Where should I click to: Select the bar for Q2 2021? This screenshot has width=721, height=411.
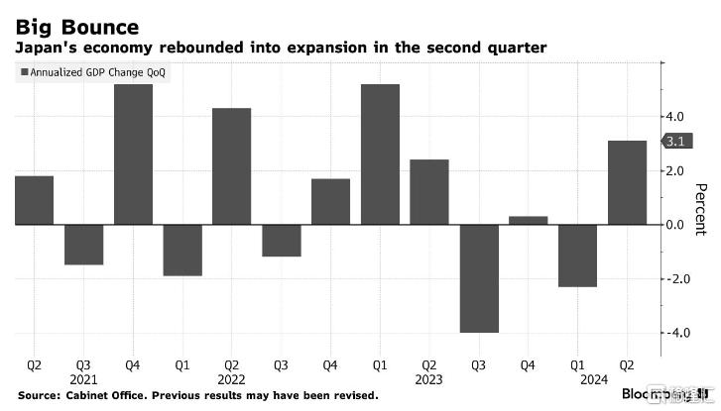tap(35, 200)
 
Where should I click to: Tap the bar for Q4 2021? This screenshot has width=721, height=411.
tap(133, 154)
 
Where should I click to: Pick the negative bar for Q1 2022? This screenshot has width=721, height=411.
tap(182, 250)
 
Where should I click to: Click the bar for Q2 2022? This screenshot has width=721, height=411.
tap(232, 166)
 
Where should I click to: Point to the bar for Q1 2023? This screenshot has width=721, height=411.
tap(380, 154)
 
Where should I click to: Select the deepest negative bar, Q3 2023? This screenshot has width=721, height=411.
tap(479, 278)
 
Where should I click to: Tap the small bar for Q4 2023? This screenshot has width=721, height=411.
tap(529, 220)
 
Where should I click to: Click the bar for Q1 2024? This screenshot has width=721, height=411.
tap(578, 256)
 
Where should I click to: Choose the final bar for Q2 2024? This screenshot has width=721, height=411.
tap(627, 182)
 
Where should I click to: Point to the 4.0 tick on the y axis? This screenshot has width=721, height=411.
tap(674, 116)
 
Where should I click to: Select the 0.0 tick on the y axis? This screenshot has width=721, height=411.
tap(674, 225)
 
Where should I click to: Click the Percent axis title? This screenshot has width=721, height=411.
tap(699, 209)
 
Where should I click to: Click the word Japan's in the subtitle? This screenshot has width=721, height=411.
tap(44, 48)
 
